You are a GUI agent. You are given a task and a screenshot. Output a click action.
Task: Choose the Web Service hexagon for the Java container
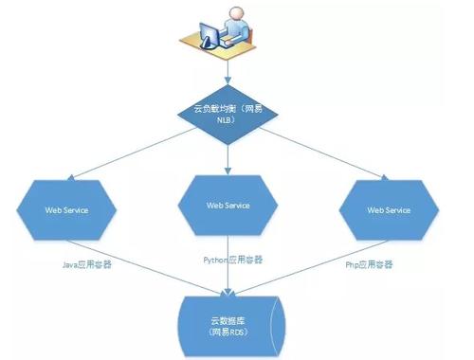pos(66,208)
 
